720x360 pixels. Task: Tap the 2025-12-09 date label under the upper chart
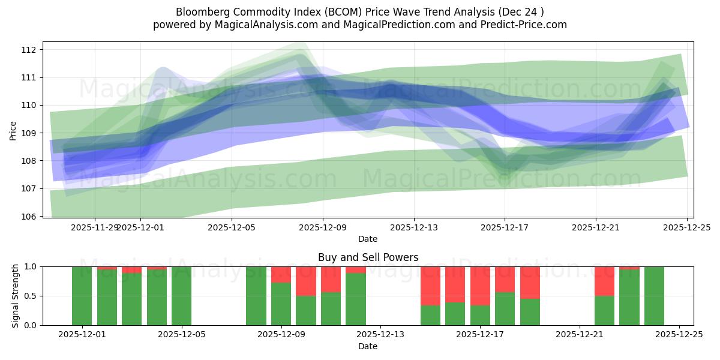(x=323, y=227)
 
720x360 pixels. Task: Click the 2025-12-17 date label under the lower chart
(x=480, y=335)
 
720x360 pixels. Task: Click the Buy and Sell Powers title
(x=368, y=257)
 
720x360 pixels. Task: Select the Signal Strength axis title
(x=16, y=296)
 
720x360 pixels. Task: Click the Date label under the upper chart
(x=368, y=239)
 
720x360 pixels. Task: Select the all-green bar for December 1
(x=82, y=296)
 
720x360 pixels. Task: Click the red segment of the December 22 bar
(x=604, y=281)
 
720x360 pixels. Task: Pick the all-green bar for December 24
(x=654, y=296)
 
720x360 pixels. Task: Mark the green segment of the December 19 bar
(x=530, y=312)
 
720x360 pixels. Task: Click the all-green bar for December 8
(x=256, y=296)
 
